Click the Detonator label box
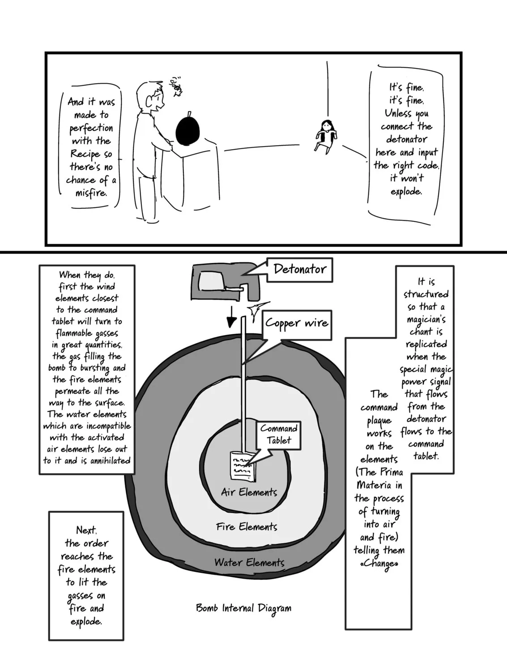300,270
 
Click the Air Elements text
249,492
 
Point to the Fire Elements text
247,526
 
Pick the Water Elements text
249,562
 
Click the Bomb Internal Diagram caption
243,608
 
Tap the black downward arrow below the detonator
231,317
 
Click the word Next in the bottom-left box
86,530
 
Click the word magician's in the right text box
426,319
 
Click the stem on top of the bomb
190,114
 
